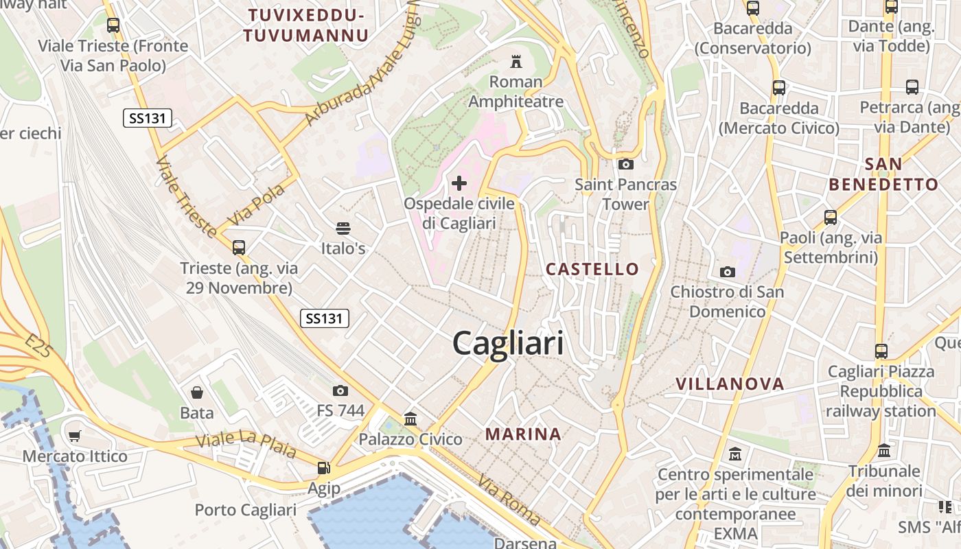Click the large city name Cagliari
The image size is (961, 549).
coord(508,343)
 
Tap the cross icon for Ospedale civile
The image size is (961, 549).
coord(459,183)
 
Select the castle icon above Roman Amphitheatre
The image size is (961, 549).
coord(516,62)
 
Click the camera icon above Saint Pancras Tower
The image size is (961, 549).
coord(625,164)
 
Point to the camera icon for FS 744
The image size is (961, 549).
coord(340,391)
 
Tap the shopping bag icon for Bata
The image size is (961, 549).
coord(197,393)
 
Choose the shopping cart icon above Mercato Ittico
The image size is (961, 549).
coord(75,436)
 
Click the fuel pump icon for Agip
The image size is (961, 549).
coord(323,468)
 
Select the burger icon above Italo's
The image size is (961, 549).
coord(343,228)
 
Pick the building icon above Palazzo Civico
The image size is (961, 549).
coord(410,419)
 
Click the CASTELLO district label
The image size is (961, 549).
coord(592,269)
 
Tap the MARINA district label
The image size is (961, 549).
coord(523,434)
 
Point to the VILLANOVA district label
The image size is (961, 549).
coord(730,384)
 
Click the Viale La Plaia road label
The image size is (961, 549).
coord(246,444)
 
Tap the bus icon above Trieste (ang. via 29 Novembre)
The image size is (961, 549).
coord(239,247)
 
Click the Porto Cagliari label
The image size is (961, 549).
coord(246,510)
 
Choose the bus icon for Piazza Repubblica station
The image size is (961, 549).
coord(881,351)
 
